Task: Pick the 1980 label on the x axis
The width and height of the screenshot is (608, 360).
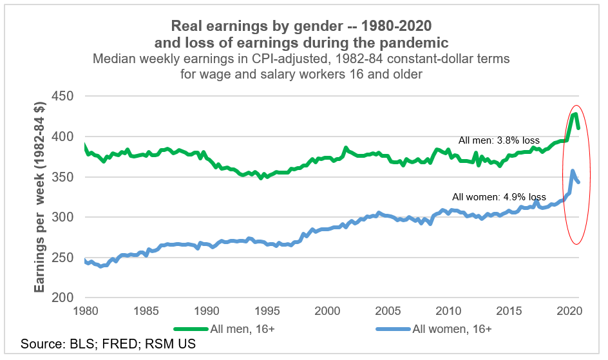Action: tap(86, 311)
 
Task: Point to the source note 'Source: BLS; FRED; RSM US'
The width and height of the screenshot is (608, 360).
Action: tap(108, 345)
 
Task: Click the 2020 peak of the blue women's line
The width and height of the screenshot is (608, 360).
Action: tap(573, 171)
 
